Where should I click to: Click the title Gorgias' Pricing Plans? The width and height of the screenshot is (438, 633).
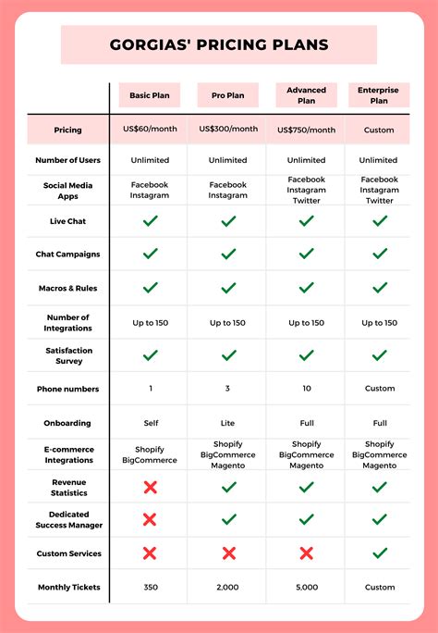click(219, 44)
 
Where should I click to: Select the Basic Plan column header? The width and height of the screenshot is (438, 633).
click(150, 95)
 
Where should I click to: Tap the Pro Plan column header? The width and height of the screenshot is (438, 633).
click(228, 95)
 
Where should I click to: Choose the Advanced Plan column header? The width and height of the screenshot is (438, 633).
click(306, 95)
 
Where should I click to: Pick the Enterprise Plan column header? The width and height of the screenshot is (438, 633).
click(379, 95)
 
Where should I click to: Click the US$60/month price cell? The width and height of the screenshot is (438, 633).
click(150, 130)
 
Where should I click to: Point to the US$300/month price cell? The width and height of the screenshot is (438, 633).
click(228, 130)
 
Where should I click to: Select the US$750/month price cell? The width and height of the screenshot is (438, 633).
click(306, 130)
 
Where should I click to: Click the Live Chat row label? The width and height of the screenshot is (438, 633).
click(68, 221)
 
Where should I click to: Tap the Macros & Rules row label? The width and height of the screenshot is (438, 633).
click(68, 288)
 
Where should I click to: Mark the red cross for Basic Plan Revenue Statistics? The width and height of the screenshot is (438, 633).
click(150, 487)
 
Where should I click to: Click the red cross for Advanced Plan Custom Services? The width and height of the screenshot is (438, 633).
click(306, 553)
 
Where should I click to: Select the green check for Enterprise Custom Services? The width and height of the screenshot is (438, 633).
click(379, 553)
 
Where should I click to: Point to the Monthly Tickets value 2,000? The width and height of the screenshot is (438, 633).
click(228, 587)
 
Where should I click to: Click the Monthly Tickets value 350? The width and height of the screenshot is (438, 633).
click(150, 587)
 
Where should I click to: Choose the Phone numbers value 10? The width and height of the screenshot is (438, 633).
click(306, 389)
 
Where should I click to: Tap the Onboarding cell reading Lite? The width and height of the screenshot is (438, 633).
click(228, 423)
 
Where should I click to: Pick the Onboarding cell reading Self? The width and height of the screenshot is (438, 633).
click(150, 423)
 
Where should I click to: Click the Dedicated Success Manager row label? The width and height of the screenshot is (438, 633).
click(68, 519)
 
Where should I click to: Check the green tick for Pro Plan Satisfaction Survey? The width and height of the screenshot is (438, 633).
click(228, 355)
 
